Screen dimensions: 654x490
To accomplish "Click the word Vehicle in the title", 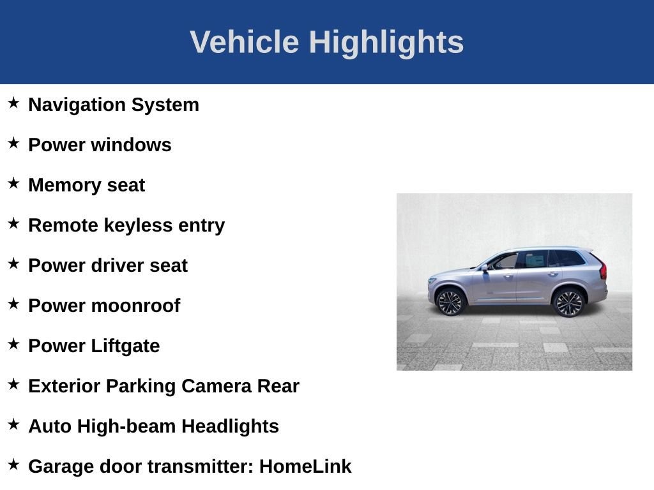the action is tap(245, 41).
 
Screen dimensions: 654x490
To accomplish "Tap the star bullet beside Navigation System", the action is tap(13, 103).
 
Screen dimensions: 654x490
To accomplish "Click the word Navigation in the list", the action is tap(77, 105).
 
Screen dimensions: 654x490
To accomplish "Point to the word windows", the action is tap(131, 145).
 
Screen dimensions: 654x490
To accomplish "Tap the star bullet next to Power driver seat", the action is tap(13, 264).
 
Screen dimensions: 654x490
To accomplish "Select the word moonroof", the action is tap(136, 306).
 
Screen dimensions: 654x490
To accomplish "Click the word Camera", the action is tap(217, 386).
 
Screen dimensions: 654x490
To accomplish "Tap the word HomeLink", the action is tap(305, 466).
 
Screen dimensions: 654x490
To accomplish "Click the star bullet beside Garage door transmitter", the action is tap(13, 464).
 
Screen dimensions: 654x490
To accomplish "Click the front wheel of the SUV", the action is tap(450, 302).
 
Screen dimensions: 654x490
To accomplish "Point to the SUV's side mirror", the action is tap(485, 268).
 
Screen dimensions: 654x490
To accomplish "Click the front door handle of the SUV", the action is tap(508, 276).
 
